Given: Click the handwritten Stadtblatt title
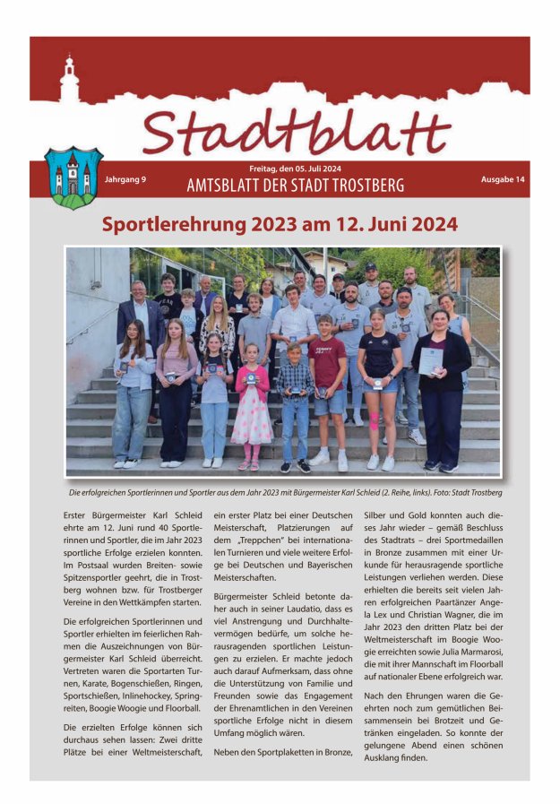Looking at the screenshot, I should pos(296,132).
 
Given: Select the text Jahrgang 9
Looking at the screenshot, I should pos(125,179).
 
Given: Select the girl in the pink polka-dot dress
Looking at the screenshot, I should pos(251,408).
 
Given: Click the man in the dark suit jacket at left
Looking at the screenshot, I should pos(138,323).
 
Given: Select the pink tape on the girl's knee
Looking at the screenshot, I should pos(374,419).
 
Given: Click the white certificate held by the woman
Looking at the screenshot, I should pos(431,360).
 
